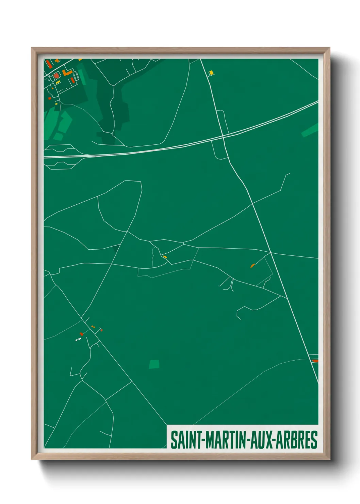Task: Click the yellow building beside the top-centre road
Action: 211,73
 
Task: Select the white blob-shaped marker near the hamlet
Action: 78,340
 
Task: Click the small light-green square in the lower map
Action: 154,364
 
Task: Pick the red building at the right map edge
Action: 315,361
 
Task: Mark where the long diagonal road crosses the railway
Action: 223,137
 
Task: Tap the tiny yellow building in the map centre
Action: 165,257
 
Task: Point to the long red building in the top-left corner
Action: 49,64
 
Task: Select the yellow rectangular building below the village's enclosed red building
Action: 58,82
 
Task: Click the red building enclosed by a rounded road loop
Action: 56,75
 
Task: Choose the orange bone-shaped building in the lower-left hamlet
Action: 93,326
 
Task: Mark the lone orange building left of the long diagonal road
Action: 252,265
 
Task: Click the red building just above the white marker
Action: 81,334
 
